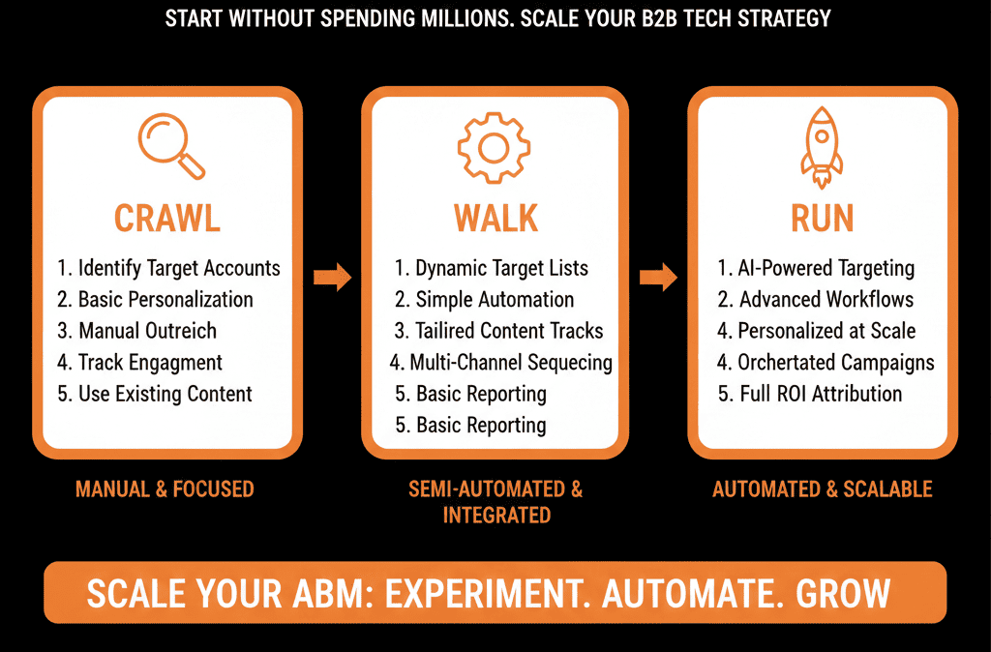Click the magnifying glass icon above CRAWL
pos(169,145)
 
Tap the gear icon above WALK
pos(494,146)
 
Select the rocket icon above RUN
pos(822,146)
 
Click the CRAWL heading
pos(167,218)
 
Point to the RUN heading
pos(822,218)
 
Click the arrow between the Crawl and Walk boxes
pos(332,279)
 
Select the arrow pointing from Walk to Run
pos(659,279)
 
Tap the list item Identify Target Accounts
pos(168,268)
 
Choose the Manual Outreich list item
pos(136,331)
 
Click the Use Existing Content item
pos(155,394)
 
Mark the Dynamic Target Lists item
pos(491,268)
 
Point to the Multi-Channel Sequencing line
pos(501,363)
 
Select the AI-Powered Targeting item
pos(816,268)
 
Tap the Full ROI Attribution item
pos(809,394)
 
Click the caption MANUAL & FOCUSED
pos(165,489)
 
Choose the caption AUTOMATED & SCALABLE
pos(822,489)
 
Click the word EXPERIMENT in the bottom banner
pos(492,593)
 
